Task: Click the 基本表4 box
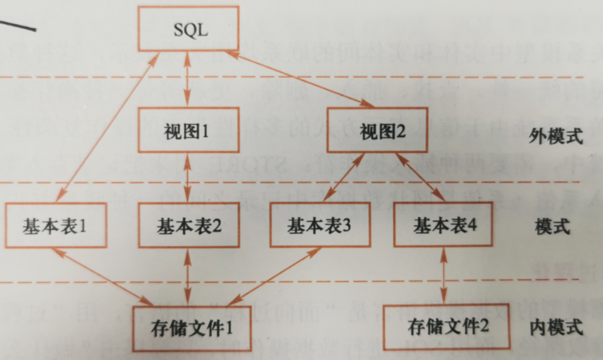(x=444, y=226)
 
